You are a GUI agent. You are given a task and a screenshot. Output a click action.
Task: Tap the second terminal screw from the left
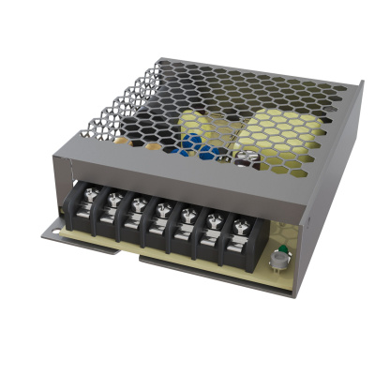(x=113, y=202)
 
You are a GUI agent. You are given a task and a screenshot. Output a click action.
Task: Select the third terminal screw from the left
(x=137, y=205)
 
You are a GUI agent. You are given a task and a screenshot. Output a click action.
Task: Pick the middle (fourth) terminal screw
(x=162, y=209)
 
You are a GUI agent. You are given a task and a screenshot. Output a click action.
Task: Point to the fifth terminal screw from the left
(x=187, y=213)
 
